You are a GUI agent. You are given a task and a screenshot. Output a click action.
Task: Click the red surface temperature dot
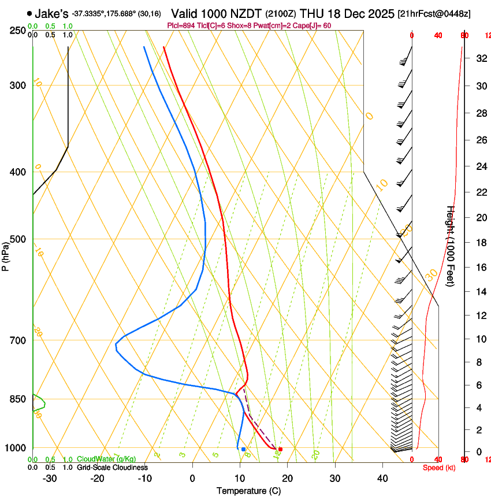click(280, 449)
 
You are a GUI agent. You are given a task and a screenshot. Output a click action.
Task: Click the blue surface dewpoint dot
click(243, 449)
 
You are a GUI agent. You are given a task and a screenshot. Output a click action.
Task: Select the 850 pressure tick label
click(17, 399)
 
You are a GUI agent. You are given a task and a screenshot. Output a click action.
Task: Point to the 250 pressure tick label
click(17, 31)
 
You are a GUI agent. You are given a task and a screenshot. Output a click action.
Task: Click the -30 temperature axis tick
click(50, 479)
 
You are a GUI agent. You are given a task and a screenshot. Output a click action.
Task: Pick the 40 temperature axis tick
click(382, 479)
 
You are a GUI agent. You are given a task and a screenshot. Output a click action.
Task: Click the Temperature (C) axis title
click(248, 491)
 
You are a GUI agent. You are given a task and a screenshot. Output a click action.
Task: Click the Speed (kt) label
click(438, 468)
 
